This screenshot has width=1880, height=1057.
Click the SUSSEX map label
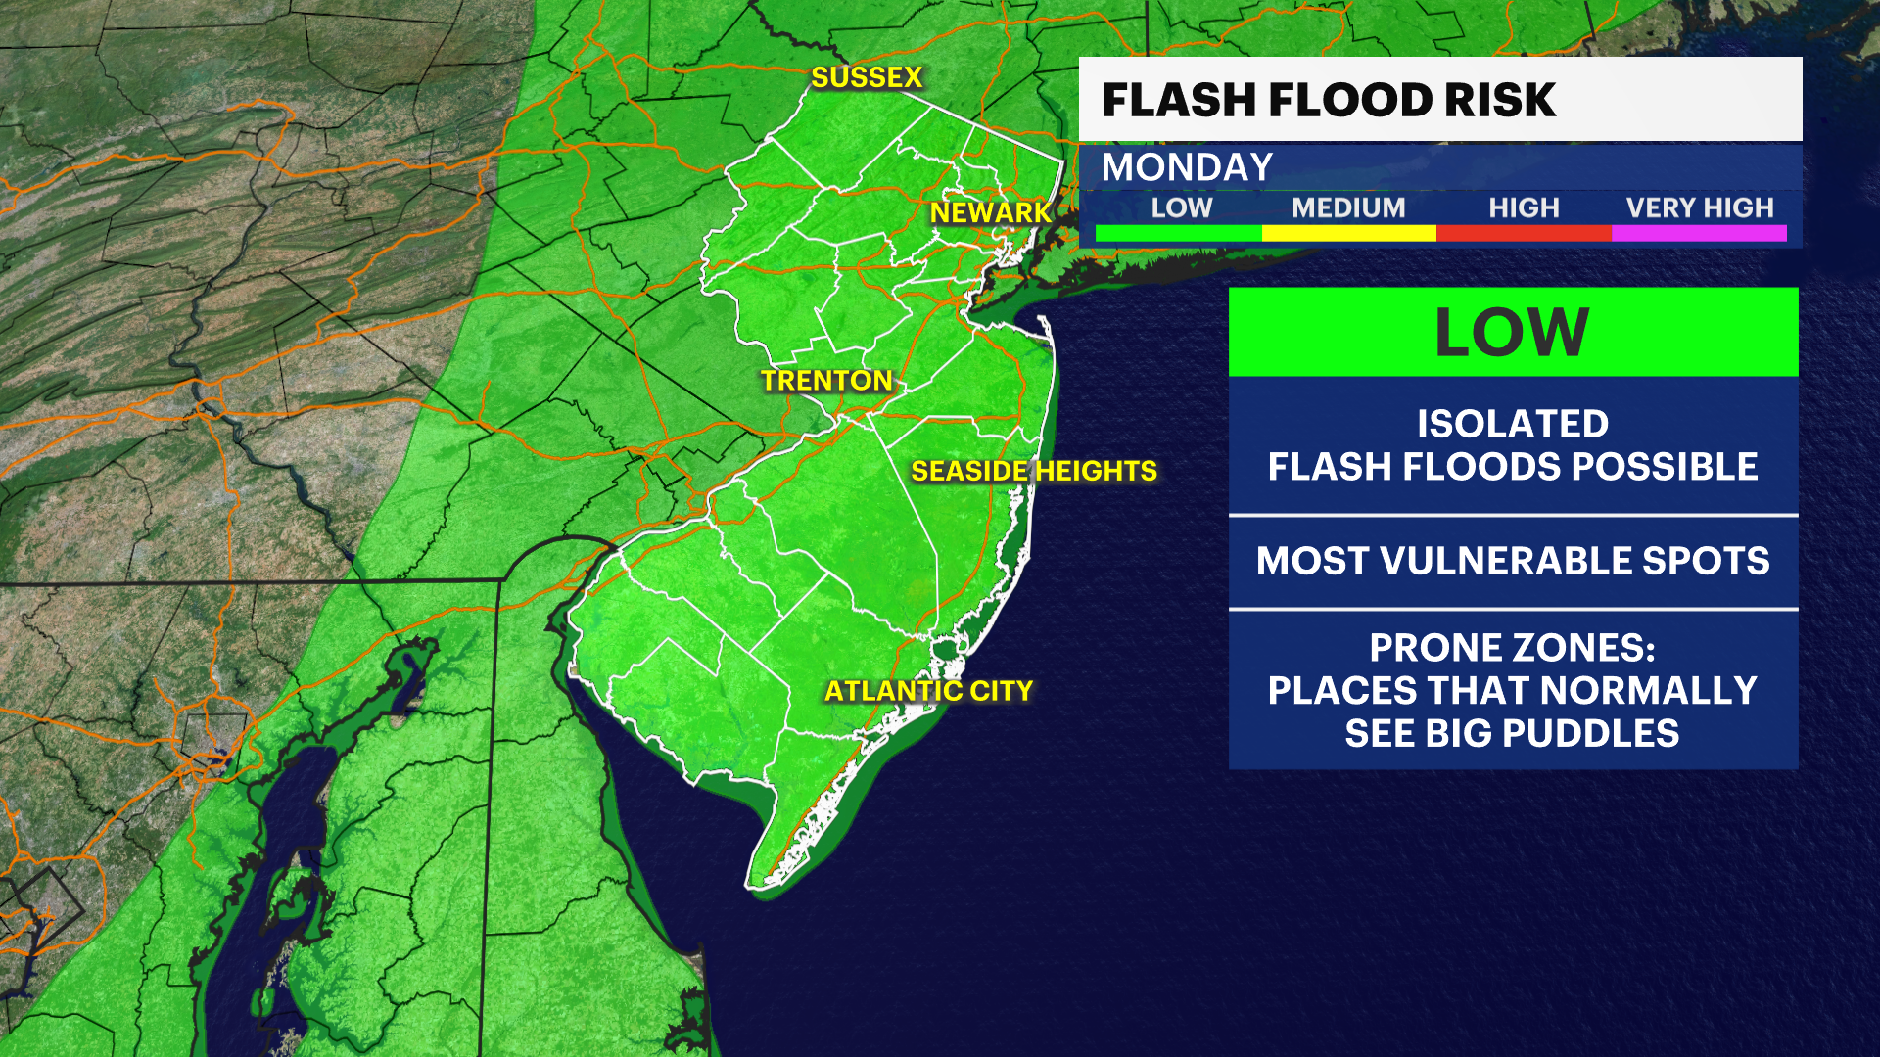pyautogui.click(x=867, y=77)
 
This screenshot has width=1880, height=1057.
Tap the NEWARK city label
pyautogui.click(x=990, y=212)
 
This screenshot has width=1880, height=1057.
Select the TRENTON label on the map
pyautogui.click(x=827, y=381)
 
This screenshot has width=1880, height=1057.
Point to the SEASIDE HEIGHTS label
pyautogui.click(x=1034, y=471)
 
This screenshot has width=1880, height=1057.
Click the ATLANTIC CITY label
pyautogui.click(x=928, y=691)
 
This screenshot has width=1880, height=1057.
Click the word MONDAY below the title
pyautogui.click(x=1187, y=167)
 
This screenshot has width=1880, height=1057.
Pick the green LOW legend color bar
pyautogui.click(x=1179, y=233)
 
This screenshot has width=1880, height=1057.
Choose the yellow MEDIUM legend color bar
pyautogui.click(x=1348, y=233)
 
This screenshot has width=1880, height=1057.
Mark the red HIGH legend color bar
pyautogui.click(x=1524, y=233)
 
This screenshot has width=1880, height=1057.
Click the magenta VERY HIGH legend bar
pyautogui.click(x=1699, y=233)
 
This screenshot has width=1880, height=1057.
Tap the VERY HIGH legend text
pyautogui.click(x=1700, y=207)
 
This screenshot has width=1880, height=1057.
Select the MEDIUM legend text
pyautogui.click(x=1348, y=207)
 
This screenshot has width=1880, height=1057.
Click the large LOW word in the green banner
pyautogui.click(x=1513, y=333)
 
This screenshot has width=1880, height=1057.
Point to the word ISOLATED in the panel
pyautogui.click(x=1513, y=424)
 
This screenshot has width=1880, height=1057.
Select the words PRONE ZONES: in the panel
pyautogui.click(x=1513, y=648)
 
